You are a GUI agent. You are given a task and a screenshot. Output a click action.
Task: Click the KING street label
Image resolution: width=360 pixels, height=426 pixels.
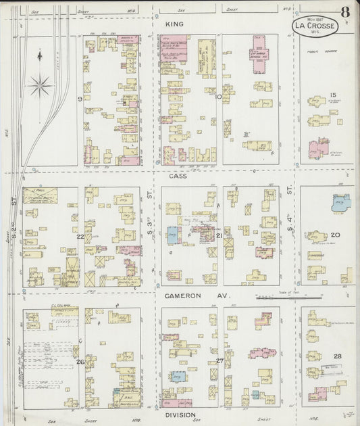pos(174,24)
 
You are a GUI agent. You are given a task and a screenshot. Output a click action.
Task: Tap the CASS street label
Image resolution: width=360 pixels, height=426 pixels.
pos(178,175)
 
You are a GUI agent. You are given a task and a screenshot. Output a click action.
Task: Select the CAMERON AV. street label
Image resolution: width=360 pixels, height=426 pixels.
pos(188,296)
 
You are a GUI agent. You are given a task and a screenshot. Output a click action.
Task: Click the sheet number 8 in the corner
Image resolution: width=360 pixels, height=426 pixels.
pos(345,11)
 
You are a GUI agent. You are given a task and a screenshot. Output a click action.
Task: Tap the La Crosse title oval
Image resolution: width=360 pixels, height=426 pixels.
pos(315,26)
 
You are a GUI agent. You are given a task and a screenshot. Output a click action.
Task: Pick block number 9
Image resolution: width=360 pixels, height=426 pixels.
pos(80,99)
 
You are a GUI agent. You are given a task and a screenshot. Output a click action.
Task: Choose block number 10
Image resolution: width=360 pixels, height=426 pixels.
pos(218,97)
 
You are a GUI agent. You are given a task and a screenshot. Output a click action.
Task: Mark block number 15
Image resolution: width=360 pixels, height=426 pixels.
pos(332,95)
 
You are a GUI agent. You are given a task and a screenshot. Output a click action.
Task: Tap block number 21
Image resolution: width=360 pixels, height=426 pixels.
pos(220,235)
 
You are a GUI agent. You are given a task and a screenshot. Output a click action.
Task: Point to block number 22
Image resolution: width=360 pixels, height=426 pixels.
pos(80,236)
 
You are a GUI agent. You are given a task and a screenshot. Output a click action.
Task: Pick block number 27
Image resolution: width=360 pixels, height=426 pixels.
pos(220,361)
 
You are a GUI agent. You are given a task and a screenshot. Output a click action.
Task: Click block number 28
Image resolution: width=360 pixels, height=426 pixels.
pos(337,356)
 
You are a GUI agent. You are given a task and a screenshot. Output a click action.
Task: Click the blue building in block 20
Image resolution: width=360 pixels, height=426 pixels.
pos(341,202)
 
